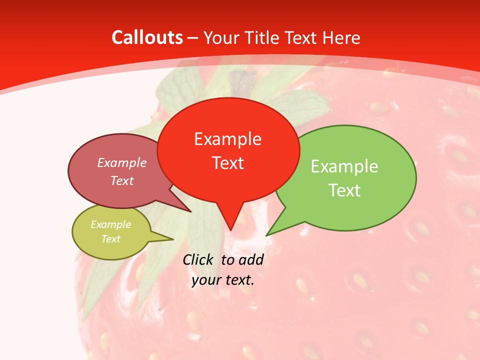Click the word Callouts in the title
click(x=147, y=37)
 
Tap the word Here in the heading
click(x=341, y=37)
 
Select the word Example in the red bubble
click(x=227, y=138)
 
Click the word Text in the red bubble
click(x=227, y=162)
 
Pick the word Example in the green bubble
click(x=344, y=166)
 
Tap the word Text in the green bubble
click(x=344, y=190)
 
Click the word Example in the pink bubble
click(x=121, y=162)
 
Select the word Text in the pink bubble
click(x=121, y=180)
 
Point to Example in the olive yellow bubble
click(x=110, y=224)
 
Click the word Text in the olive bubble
click(x=110, y=239)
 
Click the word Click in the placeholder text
click(x=199, y=259)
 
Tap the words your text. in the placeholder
click(x=223, y=280)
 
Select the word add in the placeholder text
click(x=250, y=259)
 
